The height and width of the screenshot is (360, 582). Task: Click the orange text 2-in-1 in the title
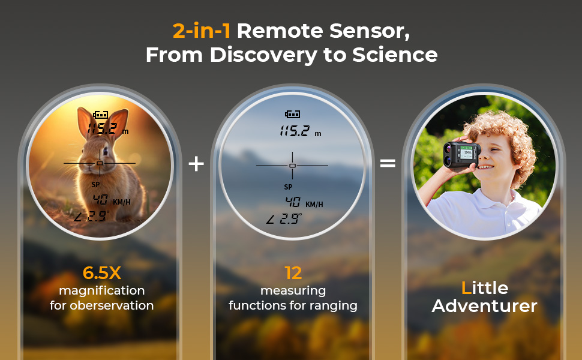point(202,31)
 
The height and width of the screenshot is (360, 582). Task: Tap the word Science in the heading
point(395,55)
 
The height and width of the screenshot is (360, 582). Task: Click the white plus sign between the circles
point(196,163)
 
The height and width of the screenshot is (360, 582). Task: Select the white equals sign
point(388,163)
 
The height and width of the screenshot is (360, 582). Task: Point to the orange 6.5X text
point(102,273)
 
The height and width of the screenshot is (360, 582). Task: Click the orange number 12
point(293,273)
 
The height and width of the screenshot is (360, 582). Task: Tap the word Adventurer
point(484,306)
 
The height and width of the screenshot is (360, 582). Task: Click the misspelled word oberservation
point(112,305)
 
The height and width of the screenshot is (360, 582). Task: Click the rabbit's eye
point(106,151)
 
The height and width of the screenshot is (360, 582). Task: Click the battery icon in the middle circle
point(292,114)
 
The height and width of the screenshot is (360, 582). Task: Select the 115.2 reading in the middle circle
point(295,131)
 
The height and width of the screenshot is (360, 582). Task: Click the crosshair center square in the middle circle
point(292,166)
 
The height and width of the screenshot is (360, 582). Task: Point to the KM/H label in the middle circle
point(314,205)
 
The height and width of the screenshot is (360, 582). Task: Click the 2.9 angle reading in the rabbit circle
point(98,215)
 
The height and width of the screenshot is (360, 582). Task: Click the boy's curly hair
point(503,134)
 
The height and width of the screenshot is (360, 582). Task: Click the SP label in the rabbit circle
point(95,184)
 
